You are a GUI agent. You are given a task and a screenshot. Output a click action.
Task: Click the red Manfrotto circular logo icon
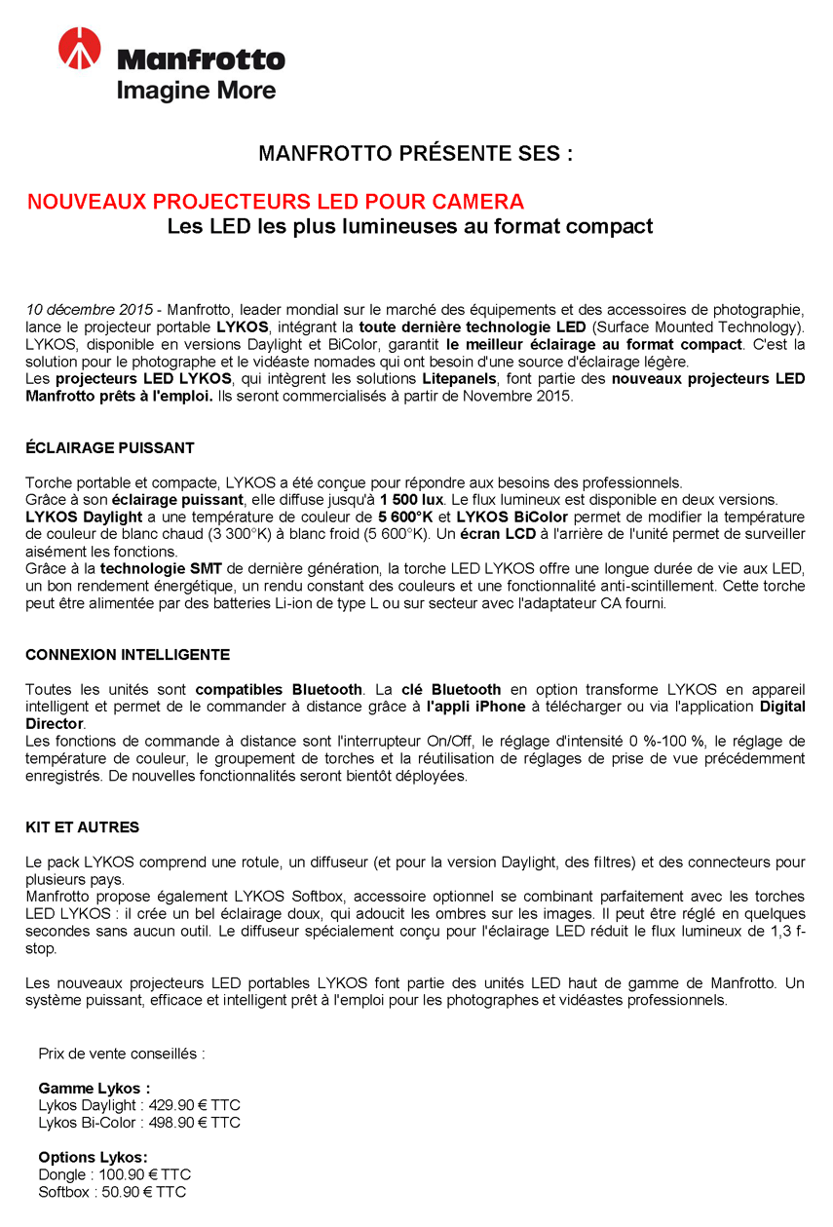pyautogui.click(x=79, y=50)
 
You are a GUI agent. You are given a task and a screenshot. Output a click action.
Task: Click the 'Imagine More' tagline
pyautogui.click(x=196, y=91)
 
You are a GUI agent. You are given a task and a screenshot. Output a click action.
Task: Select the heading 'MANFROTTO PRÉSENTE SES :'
pyautogui.click(x=415, y=154)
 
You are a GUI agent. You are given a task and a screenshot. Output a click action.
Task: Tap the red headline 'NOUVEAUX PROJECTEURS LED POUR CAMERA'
pyautogui.click(x=276, y=202)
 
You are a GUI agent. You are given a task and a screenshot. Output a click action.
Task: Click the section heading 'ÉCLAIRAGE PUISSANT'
pyautogui.click(x=110, y=448)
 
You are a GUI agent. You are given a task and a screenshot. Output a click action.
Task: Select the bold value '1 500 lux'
pyautogui.click(x=412, y=499)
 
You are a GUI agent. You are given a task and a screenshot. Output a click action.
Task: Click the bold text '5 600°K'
pyautogui.click(x=405, y=517)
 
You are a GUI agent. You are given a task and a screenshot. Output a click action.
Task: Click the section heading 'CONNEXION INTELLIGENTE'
pyautogui.click(x=128, y=655)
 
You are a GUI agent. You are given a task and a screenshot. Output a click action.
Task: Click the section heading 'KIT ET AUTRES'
pyautogui.click(x=83, y=827)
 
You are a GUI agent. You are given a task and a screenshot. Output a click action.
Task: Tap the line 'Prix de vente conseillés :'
pyautogui.click(x=122, y=1054)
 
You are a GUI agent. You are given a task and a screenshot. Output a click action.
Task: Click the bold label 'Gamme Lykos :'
pyautogui.click(x=95, y=1088)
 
